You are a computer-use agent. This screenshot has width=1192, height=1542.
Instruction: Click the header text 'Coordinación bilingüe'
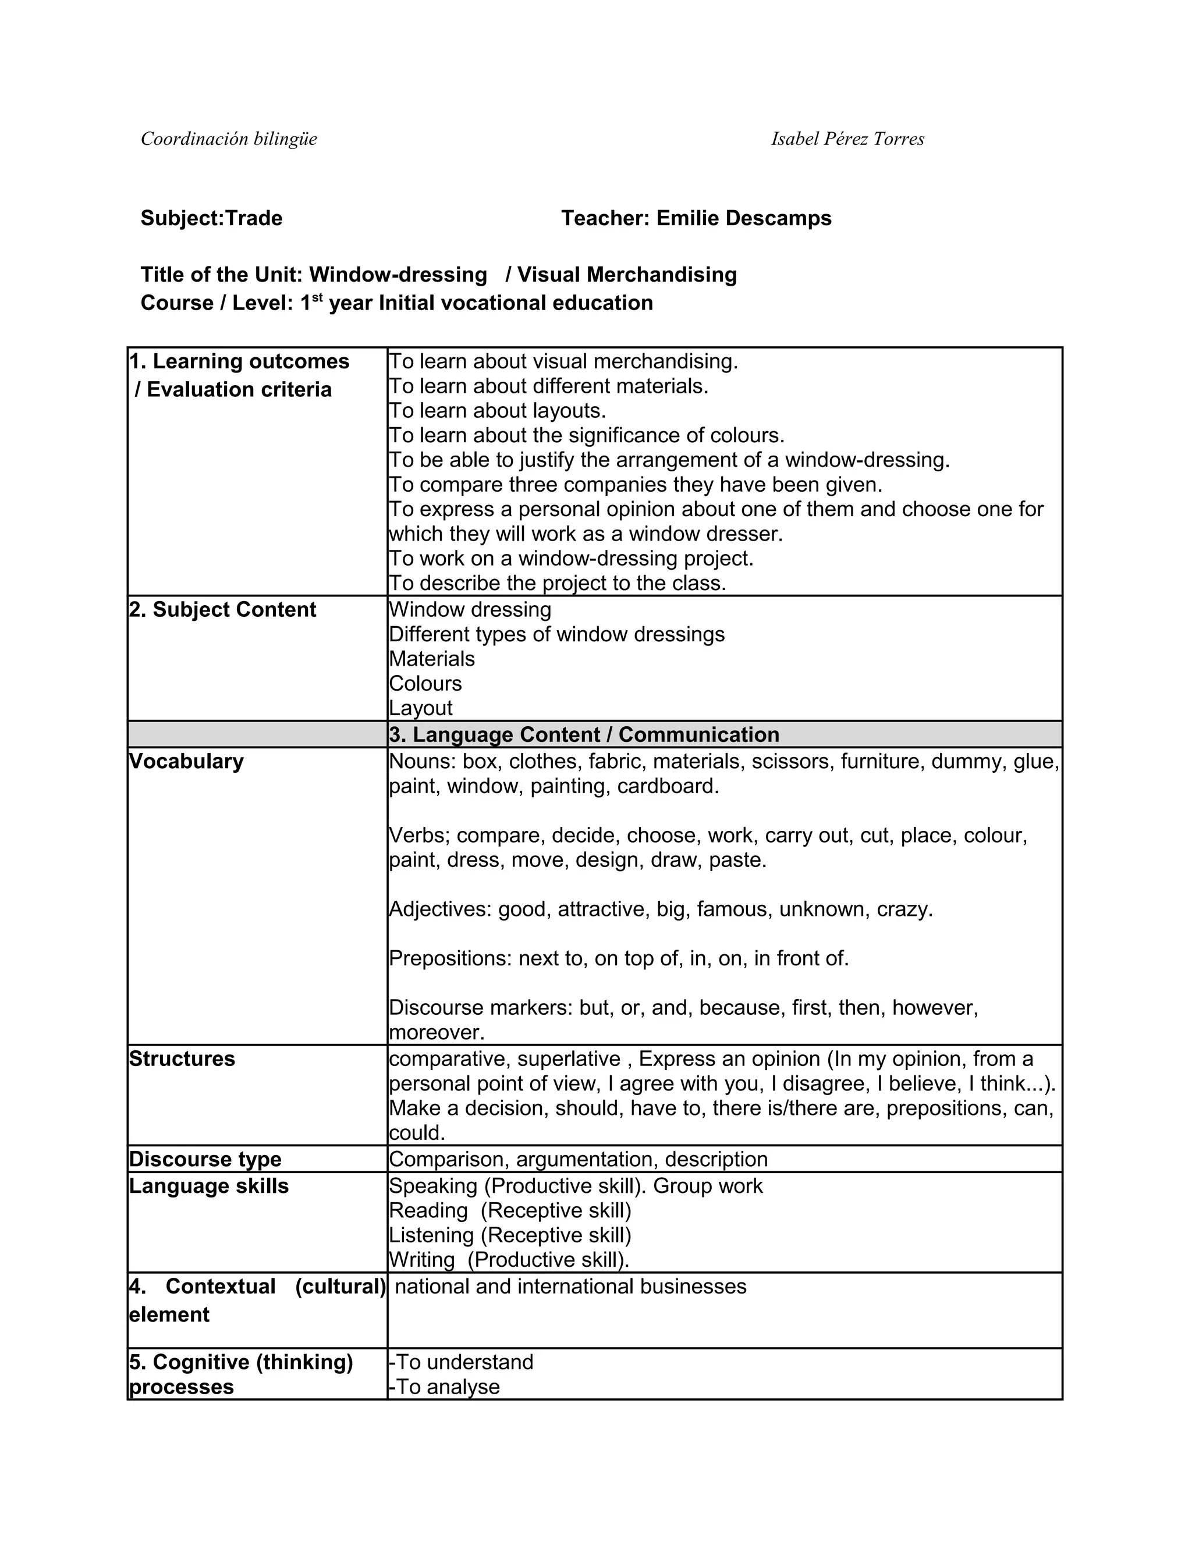pyautogui.click(x=229, y=139)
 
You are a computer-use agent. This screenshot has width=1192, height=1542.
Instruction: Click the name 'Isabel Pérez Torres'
pyautogui.click(x=847, y=139)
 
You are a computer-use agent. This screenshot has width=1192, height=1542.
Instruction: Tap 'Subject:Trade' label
pyautogui.click(x=211, y=218)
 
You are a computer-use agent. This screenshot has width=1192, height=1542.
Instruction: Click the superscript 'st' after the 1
pyautogui.click(x=318, y=297)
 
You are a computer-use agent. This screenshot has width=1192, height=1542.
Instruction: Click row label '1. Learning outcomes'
pyautogui.click(x=239, y=361)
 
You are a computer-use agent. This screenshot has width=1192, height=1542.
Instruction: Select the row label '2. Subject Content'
pyautogui.click(x=222, y=610)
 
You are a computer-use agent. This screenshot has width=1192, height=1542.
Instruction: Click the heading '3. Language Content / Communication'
pyautogui.click(x=584, y=735)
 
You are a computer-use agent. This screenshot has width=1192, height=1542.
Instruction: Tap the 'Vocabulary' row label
pyautogui.click(x=186, y=762)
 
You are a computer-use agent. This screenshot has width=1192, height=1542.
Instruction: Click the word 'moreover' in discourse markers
pyautogui.click(x=436, y=1033)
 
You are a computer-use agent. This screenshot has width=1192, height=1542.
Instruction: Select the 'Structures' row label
pyautogui.click(x=182, y=1059)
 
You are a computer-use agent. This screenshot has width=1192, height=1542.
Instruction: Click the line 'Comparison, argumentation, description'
pyautogui.click(x=577, y=1159)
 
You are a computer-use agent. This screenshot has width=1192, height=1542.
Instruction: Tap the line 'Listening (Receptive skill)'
pyautogui.click(x=510, y=1235)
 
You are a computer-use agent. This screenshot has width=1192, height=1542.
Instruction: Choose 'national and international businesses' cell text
pyautogui.click(x=570, y=1287)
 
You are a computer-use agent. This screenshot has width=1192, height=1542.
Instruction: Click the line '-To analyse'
pyautogui.click(x=444, y=1387)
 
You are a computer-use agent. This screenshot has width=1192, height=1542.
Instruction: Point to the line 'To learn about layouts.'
pyautogui.click(x=497, y=411)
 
